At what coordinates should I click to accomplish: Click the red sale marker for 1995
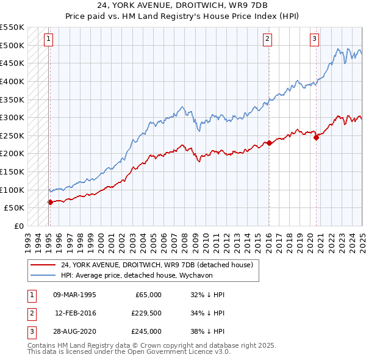click(x=50, y=202)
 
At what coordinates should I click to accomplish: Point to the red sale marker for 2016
click(x=269, y=143)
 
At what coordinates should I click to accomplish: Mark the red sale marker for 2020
click(x=317, y=137)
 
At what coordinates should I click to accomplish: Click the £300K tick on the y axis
click(x=12, y=117)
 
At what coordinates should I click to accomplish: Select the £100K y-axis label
click(x=12, y=190)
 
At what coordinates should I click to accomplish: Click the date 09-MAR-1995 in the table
click(x=75, y=294)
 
